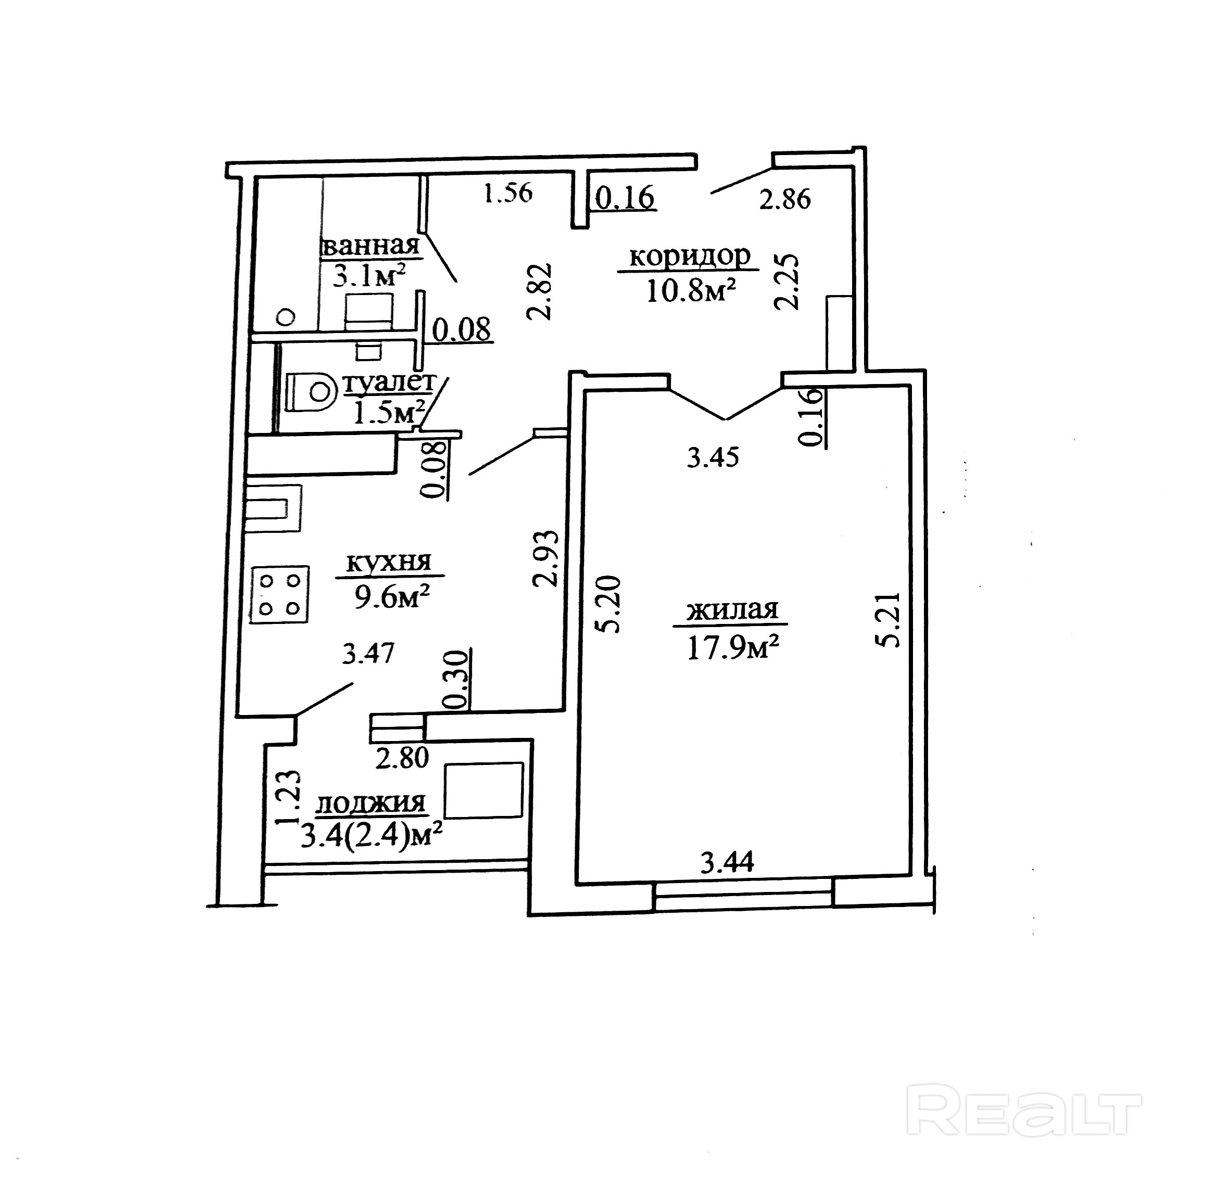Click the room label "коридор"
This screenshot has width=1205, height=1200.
(690, 257)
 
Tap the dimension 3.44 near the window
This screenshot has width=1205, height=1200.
(727, 863)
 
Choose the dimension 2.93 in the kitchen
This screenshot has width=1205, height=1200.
(544, 558)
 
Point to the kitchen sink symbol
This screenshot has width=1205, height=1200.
(273, 508)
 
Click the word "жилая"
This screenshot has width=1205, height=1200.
(732, 610)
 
